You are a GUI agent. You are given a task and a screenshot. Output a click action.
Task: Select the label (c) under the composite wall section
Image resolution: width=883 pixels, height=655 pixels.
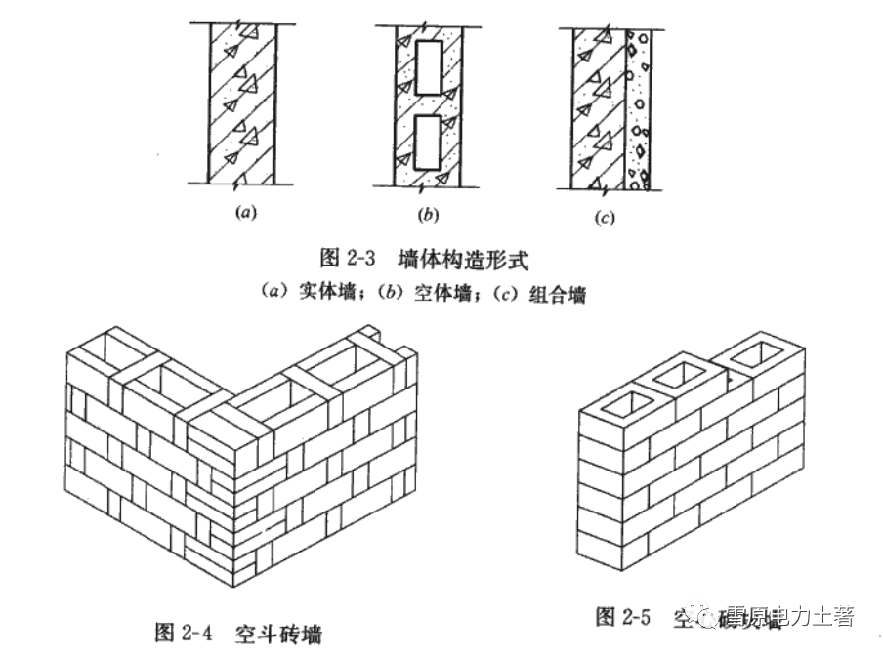click(605, 218)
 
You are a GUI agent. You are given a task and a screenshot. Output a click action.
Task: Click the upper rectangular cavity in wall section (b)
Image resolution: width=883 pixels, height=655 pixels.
click(427, 68)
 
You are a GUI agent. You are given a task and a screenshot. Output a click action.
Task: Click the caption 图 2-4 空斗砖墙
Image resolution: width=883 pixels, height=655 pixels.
click(239, 632)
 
